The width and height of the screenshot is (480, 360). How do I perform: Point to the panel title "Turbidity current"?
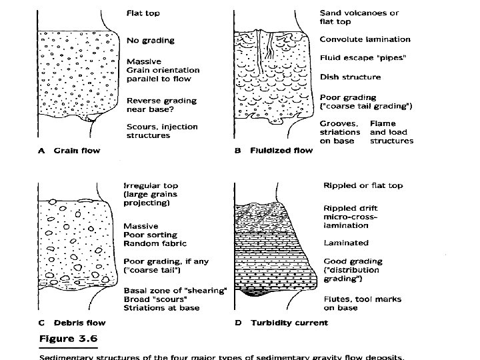pos(289,323)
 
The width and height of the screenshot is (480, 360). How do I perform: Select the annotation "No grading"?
pos(150,40)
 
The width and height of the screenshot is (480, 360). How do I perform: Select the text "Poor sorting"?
pos(150,235)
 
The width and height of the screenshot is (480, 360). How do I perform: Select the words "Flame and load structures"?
pos(391,132)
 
